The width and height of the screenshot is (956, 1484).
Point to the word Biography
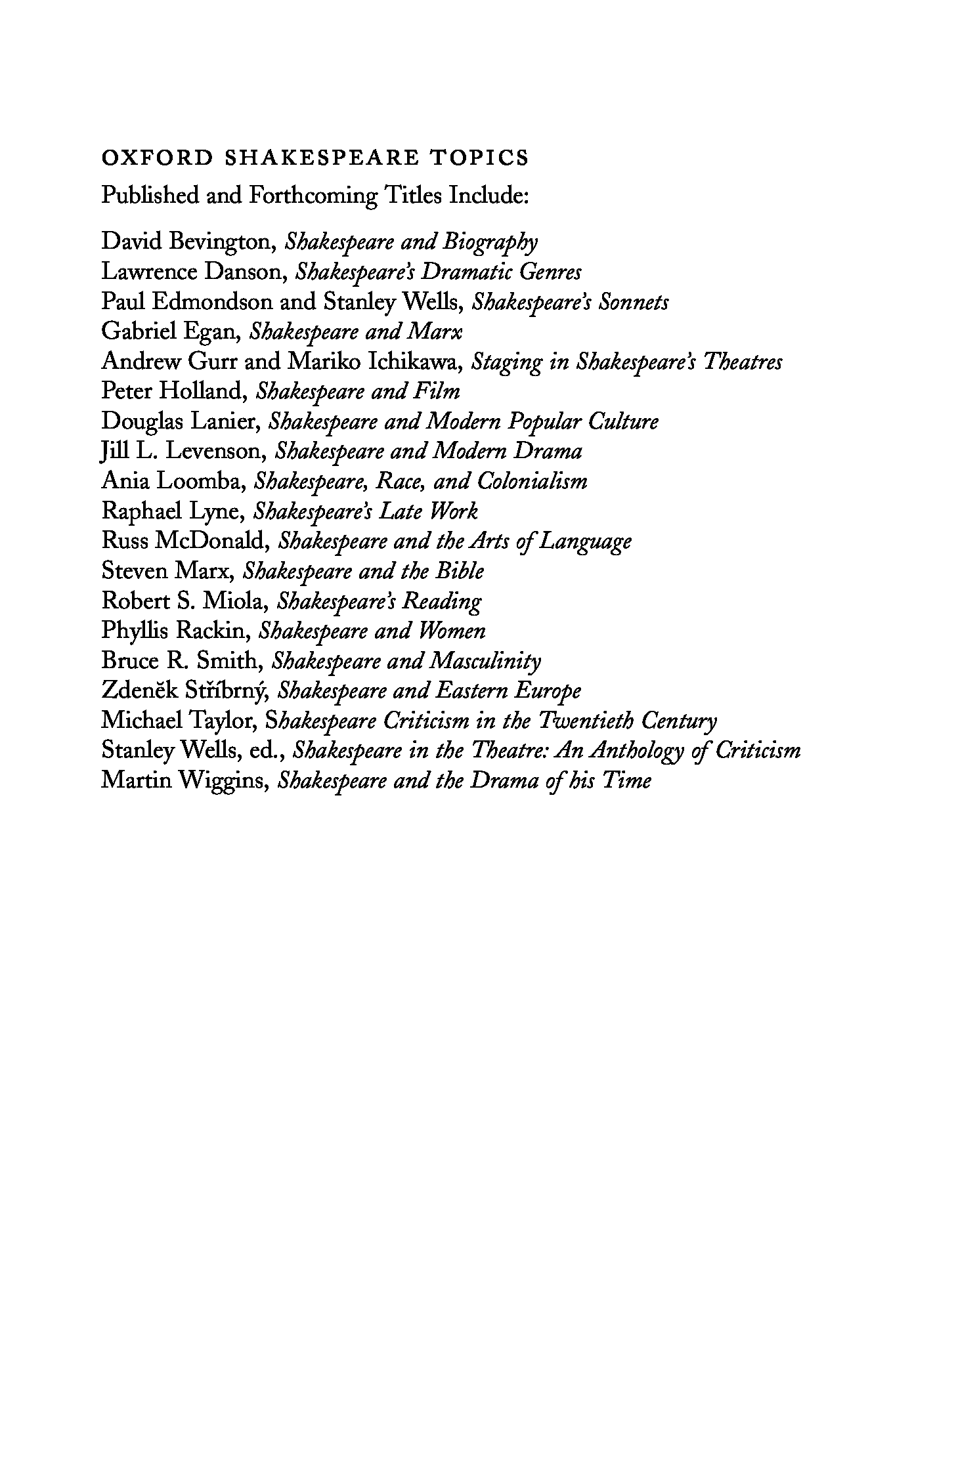pos(489,242)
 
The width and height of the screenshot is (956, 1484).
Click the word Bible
pos(459,571)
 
